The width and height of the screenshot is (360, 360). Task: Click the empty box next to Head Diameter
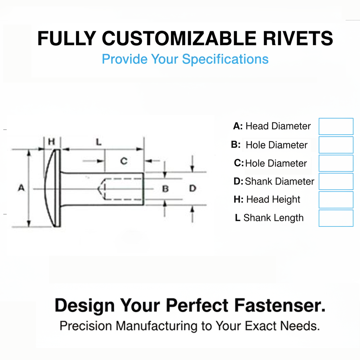point(336,127)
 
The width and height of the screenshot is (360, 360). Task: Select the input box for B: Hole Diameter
point(336,145)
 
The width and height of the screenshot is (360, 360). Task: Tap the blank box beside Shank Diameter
point(336,181)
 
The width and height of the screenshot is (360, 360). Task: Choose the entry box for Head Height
point(336,200)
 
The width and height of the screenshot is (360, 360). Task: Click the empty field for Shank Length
point(336,218)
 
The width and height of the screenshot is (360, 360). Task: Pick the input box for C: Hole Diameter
point(336,163)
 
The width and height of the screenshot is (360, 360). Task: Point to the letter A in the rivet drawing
point(21,188)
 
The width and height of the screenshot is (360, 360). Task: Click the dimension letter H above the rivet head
point(52,142)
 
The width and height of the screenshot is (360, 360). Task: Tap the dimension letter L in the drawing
point(99,142)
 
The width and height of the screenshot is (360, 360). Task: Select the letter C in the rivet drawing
point(124,161)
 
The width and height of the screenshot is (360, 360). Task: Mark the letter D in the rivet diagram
point(192,188)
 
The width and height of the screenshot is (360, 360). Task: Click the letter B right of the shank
point(165,189)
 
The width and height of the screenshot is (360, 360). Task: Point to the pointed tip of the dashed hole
point(98,189)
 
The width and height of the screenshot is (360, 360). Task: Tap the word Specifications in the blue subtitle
point(225,59)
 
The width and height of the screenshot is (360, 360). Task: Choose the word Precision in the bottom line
point(86,326)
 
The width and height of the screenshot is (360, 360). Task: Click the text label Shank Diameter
point(279,181)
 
